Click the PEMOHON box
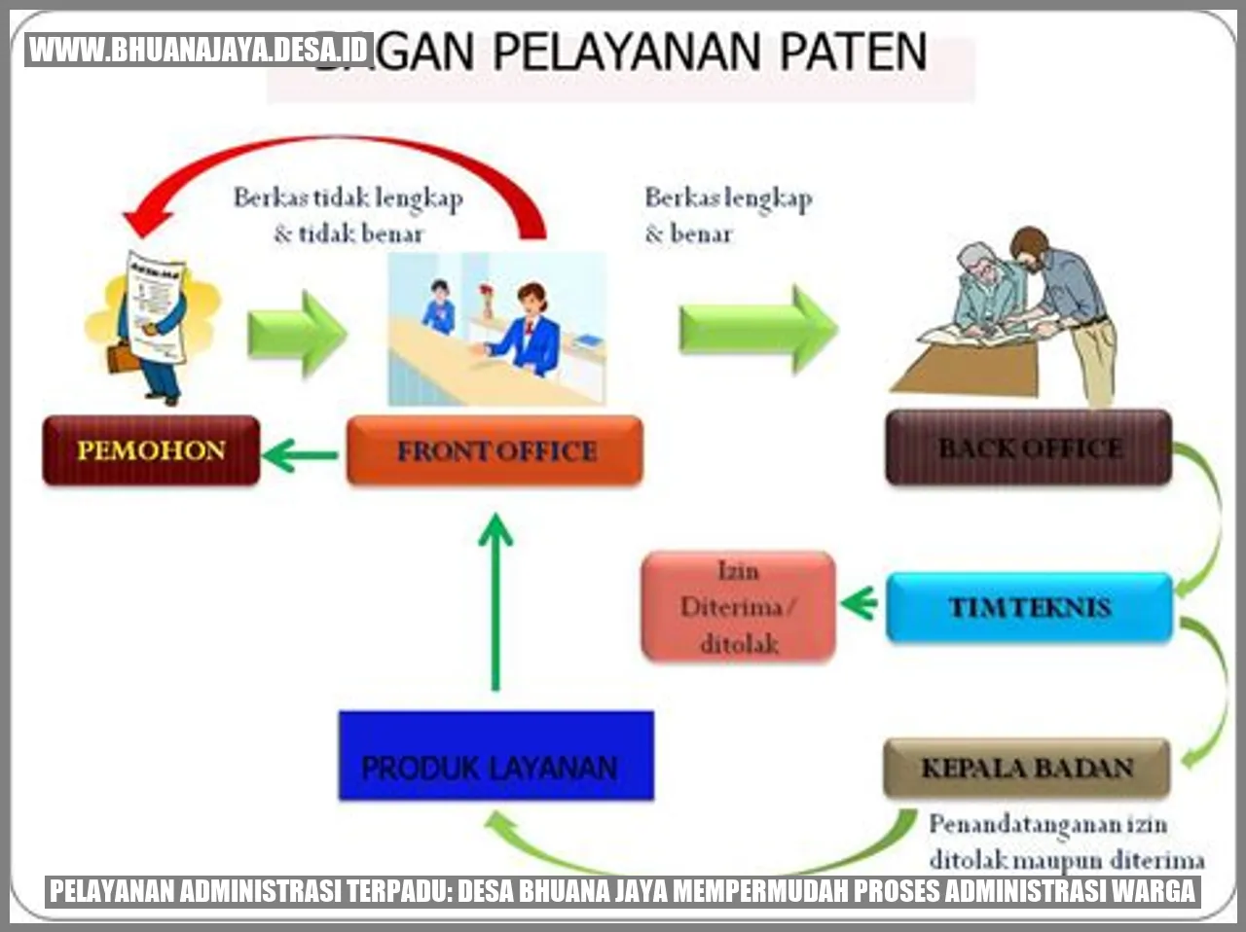(x=151, y=450)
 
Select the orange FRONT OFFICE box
(x=495, y=450)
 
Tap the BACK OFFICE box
(x=1029, y=448)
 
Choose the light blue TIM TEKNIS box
(x=1029, y=607)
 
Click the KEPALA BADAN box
(x=1027, y=768)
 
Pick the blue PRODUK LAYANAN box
(x=495, y=756)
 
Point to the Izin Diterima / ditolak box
(x=738, y=606)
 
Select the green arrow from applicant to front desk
(x=296, y=333)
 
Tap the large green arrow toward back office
(x=757, y=329)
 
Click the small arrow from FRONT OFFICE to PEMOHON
(x=300, y=453)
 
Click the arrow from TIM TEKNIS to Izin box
(x=860, y=604)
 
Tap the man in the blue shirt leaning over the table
(x=1071, y=302)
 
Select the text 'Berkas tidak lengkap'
(x=348, y=198)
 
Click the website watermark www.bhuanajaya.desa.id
(x=199, y=49)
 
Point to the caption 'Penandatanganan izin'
(x=1047, y=825)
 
